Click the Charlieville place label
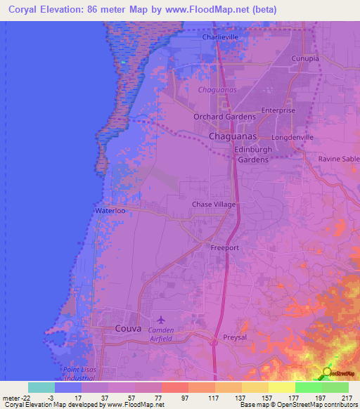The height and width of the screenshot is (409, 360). click(x=221, y=37)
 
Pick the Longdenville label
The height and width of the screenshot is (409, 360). click(x=291, y=137)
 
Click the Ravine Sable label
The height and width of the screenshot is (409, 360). click(x=338, y=160)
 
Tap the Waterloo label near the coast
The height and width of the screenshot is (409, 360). click(x=109, y=210)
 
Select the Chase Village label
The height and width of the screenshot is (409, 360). click(x=214, y=204)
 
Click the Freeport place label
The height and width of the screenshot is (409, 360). click(x=226, y=248)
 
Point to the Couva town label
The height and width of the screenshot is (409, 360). click(x=129, y=328)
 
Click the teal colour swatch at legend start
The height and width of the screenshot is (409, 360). click(x=41, y=387)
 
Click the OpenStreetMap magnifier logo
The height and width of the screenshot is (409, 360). click(x=328, y=373)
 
